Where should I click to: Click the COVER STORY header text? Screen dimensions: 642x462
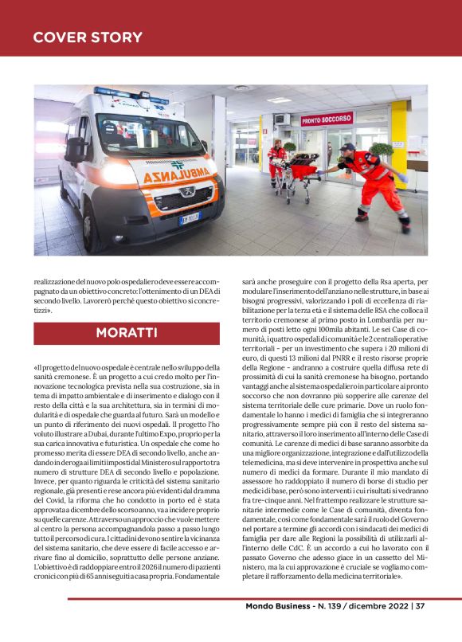(88, 37)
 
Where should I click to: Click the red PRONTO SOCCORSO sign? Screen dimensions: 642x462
(327, 119)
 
